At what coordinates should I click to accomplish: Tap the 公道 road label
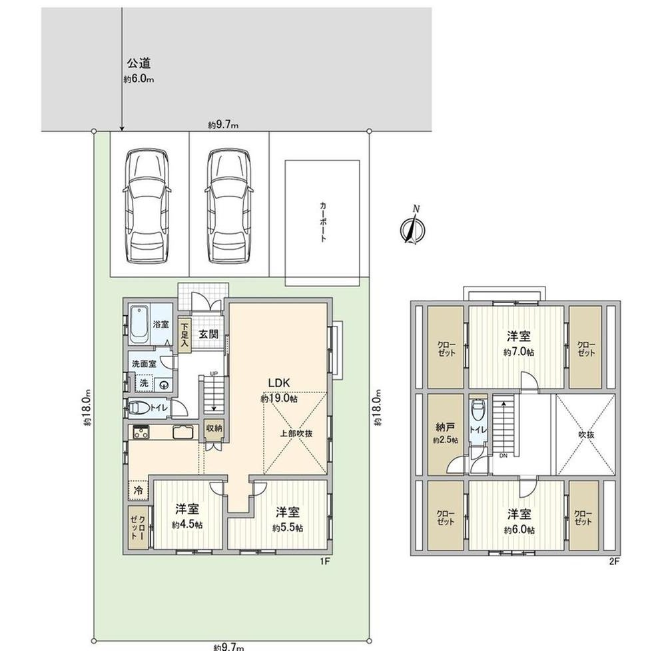point(139,64)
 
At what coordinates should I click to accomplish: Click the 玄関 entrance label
point(208,334)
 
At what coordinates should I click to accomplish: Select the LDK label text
point(279,383)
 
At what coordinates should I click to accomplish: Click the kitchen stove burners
point(141,432)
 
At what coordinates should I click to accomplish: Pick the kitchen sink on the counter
point(183,432)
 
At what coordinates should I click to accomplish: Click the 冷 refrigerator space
point(139,490)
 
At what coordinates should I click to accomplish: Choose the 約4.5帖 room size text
point(187,525)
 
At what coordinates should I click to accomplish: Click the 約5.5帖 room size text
point(288,528)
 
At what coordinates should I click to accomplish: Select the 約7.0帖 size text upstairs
point(519,352)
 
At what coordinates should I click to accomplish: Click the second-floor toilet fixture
point(479,409)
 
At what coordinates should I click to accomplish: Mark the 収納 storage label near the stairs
point(214,428)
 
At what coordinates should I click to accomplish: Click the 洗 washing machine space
point(144,383)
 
